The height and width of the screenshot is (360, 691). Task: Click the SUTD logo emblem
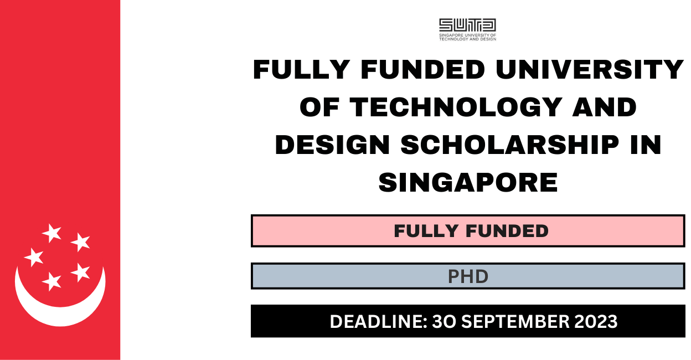(x=467, y=25)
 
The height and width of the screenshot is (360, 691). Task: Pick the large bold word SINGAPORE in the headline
(x=468, y=181)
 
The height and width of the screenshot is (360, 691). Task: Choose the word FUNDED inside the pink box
(x=508, y=231)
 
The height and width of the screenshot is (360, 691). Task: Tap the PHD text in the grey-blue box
(x=468, y=276)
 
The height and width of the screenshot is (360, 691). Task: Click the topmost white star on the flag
(x=52, y=233)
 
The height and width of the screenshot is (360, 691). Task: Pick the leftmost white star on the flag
(x=34, y=256)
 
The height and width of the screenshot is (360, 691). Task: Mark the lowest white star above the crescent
(x=52, y=281)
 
